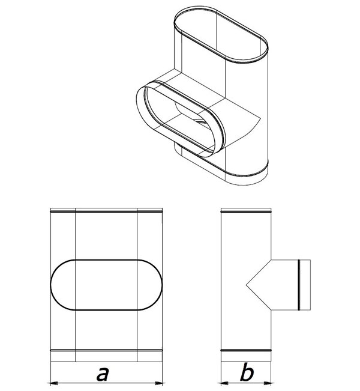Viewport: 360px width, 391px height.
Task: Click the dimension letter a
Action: coord(103,374)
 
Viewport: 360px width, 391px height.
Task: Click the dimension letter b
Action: coord(247,372)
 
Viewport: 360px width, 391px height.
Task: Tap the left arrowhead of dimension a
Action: coord(55,383)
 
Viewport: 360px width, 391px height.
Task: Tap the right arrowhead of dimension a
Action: coord(158,383)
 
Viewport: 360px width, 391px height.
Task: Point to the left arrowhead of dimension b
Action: coord(225,383)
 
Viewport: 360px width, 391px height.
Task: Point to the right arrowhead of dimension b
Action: coord(267,383)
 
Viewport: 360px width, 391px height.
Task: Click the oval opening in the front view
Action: coord(106,260)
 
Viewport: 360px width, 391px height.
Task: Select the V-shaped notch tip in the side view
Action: coord(247,285)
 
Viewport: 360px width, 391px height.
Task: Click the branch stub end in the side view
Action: coord(310,285)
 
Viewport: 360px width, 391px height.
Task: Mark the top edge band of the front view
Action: coord(106,210)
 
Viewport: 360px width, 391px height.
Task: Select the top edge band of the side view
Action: coord(246,210)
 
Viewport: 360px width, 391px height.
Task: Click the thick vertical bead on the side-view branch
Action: coord(299,285)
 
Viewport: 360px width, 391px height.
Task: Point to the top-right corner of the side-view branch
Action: coord(310,260)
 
